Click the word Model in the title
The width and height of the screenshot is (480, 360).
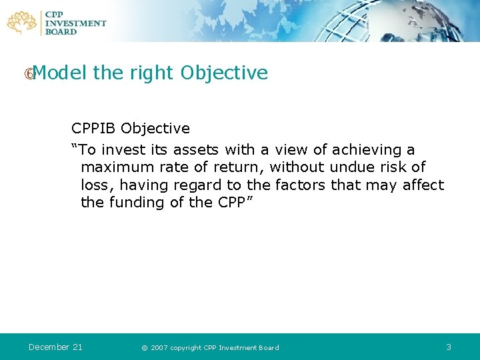point(60,73)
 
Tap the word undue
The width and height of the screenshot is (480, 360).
point(353,167)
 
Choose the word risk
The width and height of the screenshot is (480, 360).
point(395,167)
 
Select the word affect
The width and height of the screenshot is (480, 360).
point(423,185)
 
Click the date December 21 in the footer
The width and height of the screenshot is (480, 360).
point(55,347)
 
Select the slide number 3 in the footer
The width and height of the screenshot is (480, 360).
point(449,347)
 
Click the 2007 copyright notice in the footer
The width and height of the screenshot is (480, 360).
point(210,347)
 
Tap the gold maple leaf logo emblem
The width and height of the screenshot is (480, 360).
point(23,22)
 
